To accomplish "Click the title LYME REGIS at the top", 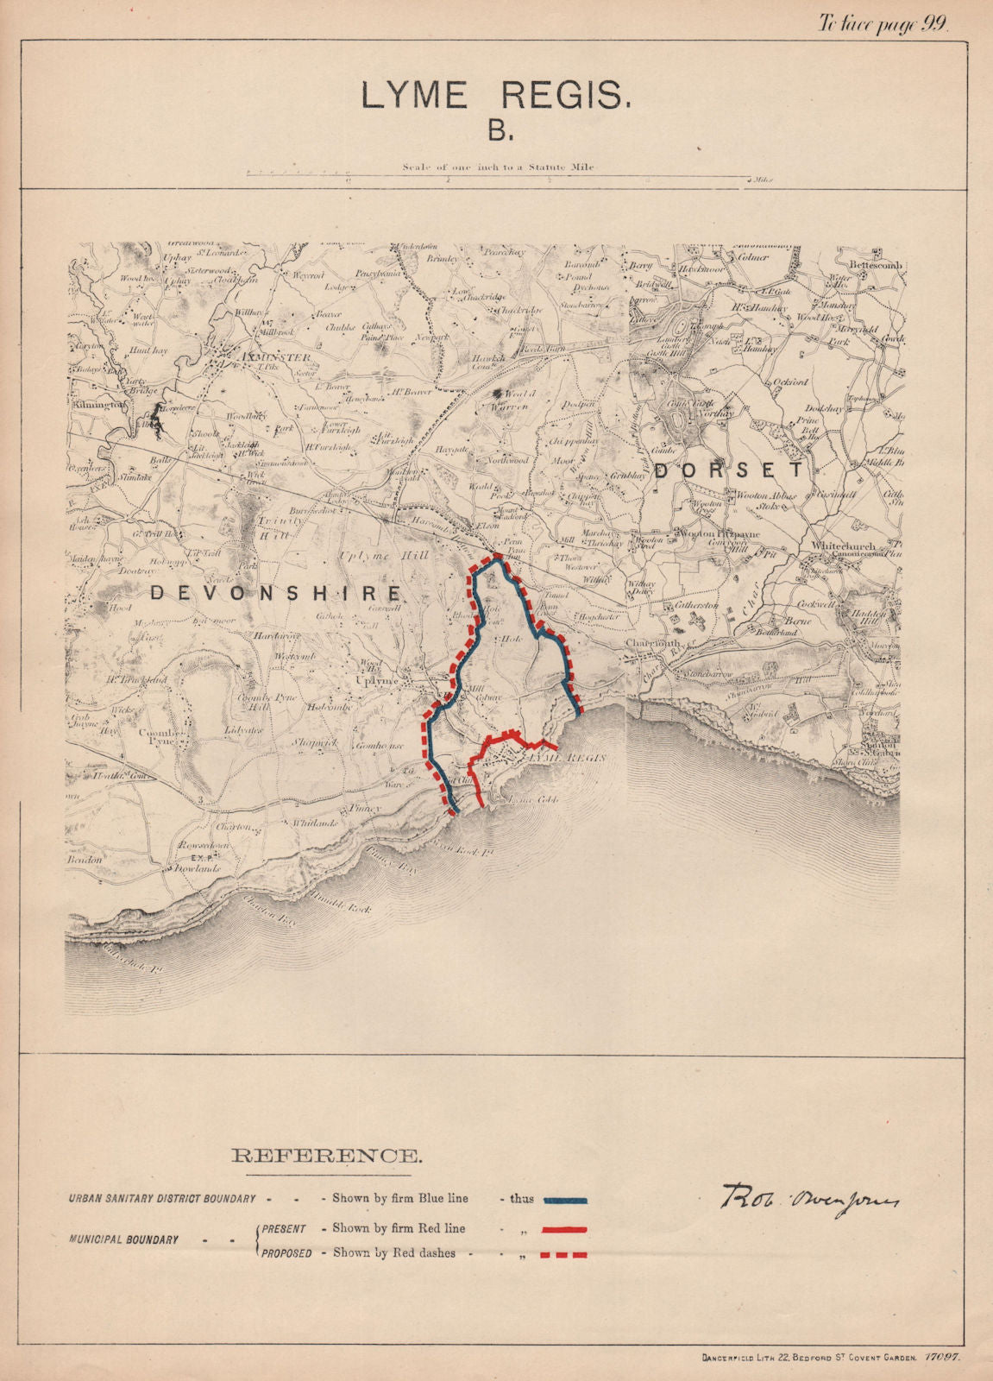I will click(496, 96).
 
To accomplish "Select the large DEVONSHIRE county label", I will click(276, 593).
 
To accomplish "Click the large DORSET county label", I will click(729, 470).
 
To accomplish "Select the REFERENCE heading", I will click(327, 1155).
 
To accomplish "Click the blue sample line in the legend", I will click(565, 1200).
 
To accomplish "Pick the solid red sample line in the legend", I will click(565, 1228).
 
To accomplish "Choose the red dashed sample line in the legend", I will click(565, 1254).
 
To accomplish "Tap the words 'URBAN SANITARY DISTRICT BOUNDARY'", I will click(163, 1199).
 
